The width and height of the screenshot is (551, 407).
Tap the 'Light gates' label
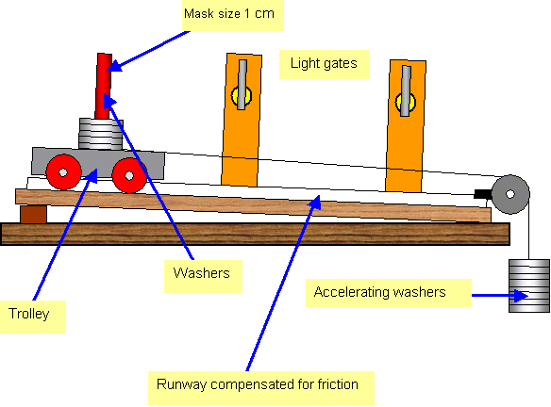click(325, 64)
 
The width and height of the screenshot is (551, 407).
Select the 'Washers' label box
click(203, 276)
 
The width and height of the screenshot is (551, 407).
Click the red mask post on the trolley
click(104, 86)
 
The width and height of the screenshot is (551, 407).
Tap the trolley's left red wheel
click(63, 172)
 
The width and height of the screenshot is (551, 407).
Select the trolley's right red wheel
click(129, 175)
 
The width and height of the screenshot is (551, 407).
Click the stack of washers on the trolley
click(101, 134)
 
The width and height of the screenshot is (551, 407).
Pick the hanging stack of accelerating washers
click(529, 285)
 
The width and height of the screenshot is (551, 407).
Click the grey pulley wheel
click(510, 194)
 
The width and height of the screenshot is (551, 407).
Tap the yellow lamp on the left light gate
click(242, 96)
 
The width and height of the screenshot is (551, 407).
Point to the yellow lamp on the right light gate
click(406, 103)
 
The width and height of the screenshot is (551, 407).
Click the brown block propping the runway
click(33, 214)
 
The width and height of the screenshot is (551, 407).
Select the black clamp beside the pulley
click(483, 194)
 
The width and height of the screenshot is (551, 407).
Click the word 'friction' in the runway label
click(338, 384)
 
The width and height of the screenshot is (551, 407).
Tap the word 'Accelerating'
click(351, 293)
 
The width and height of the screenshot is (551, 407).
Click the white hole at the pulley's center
click(510, 194)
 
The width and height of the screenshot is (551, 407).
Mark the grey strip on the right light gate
click(406, 90)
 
